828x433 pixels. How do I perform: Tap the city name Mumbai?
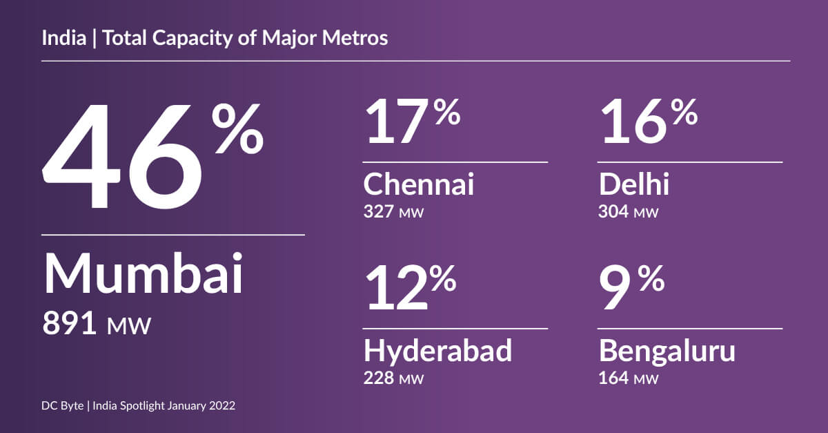tap(144, 274)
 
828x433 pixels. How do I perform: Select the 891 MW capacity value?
tap(96, 323)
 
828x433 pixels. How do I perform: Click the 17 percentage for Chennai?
tap(411, 122)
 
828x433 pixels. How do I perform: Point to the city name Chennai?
tap(418, 185)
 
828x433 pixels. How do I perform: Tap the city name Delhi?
tap(633, 185)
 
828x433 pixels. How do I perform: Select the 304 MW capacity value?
tap(629, 211)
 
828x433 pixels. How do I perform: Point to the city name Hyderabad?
tap(437, 352)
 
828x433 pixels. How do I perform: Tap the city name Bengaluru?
tap(667, 352)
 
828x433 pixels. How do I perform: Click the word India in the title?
tap(59, 38)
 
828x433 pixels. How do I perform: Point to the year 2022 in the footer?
tap(221, 406)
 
